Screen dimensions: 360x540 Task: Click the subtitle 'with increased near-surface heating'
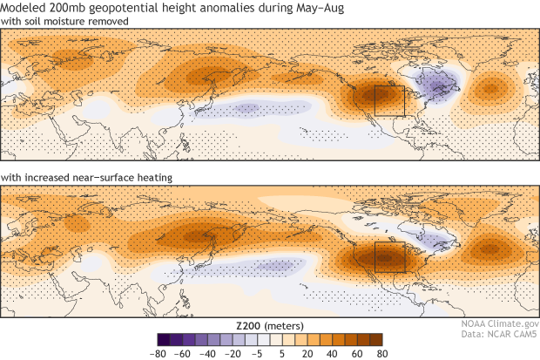[85, 179]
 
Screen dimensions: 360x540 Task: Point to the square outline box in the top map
[389, 100]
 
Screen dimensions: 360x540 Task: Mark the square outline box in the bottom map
[389, 257]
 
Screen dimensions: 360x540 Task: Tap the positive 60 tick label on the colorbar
[357, 353]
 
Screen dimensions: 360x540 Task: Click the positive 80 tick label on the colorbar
[380, 353]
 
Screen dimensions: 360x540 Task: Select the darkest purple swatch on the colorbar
[164, 339]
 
